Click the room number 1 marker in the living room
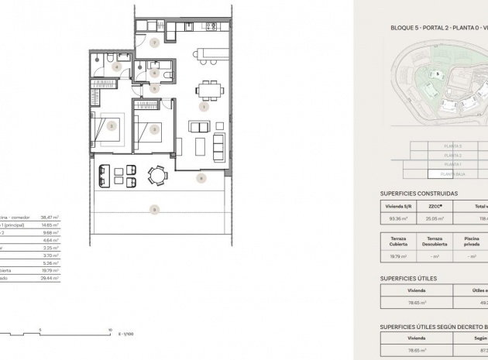pyautogui.click(x=204, y=108)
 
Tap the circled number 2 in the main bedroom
pyautogui.click(x=155, y=129)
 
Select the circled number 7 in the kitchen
pyautogui.click(x=155, y=43)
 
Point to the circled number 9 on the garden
pyautogui.click(x=155, y=209)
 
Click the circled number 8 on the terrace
pyautogui.click(x=201, y=179)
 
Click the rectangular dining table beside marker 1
pyautogui.click(x=208, y=90)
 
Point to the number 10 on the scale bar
pyautogui.click(x=111, y=329)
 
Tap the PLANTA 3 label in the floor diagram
pyautogui.click(x=452, y=146)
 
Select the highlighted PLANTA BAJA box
pyautogui.click(x=453, y=174)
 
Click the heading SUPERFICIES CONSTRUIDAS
pyautogui.click(x=418, y=194)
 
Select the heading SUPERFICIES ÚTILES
pyautogui.click(x=408, y=278)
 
